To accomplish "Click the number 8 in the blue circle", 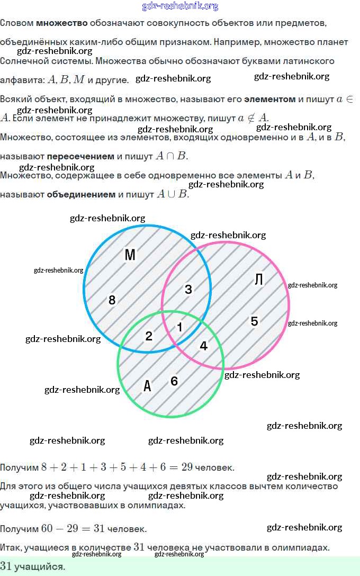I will pos(112,300).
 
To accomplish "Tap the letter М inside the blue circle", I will pos(130,255).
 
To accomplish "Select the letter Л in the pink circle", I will pos(259,279).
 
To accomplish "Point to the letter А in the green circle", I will pos(148,386).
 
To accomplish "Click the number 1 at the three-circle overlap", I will pos(179,327).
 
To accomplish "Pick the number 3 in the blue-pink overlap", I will pos(188,289).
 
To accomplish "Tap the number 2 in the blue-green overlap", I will pos(149,336).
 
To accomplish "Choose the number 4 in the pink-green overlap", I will pos(204,346).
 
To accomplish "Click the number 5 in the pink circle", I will pos(254,321).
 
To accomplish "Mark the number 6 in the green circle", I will pos(174,381).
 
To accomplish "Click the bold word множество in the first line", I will pos(61,23).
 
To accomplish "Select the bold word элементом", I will pos(270,99).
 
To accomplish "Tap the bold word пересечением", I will pos(80,156).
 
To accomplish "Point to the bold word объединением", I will pos(81,194).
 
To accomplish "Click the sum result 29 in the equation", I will pos(187,467).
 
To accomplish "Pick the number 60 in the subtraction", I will pos(48,529).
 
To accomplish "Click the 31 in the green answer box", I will pos(6,566).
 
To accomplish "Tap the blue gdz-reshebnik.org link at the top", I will pos(180,6).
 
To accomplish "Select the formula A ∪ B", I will pos(173,194).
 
